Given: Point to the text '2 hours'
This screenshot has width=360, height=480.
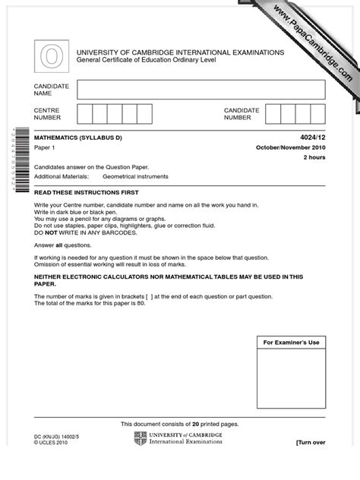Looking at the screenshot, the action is [314, 157].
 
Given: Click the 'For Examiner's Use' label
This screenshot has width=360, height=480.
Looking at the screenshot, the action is [291, 343].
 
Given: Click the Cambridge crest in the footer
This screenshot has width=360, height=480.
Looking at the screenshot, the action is [140, 439].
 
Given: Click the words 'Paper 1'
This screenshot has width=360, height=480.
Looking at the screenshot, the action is [46, 147].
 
